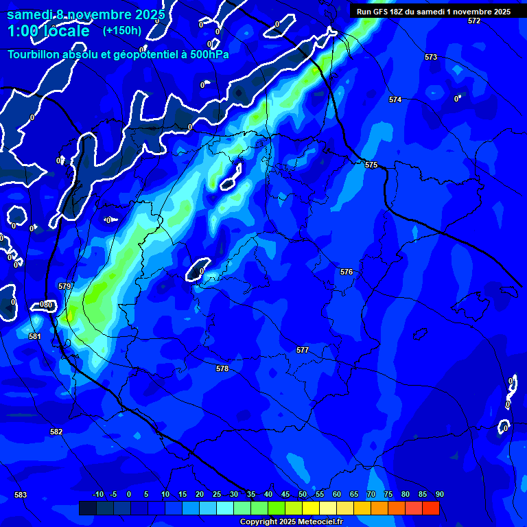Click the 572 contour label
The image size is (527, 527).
pyautogui.click(x=474, y=21)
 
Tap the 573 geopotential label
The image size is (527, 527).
pyautogui.click(x=431, y=57)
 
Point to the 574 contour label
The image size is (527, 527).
pyautogui.click(x=395, y=99)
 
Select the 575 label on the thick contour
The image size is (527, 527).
pyautogui.click(x=371, y=165)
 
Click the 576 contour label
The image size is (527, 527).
pyautogui.click(x=347, y=272)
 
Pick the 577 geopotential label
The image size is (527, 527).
pyautogui.click(x=303, y=350)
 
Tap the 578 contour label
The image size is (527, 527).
pyautogui.click(x=222, y=368)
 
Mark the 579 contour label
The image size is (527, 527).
pyautogui.click(x=65, y=286)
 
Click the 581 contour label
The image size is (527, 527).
pyautogui.click(x=35, y=336)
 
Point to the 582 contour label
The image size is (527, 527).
pyautogui.click(x=56, y=432)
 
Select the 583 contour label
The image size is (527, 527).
pyautogui.click(x=21, y=495)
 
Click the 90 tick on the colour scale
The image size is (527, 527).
pyautogui.click(x=439, y=494)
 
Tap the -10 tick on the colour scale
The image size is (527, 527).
pyautogui.click(x=98, y=494)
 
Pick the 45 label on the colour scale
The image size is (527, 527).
pyautogui.click(x=285, y=494)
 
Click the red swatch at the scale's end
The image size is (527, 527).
pyautogui.click(x=430, y=508)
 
